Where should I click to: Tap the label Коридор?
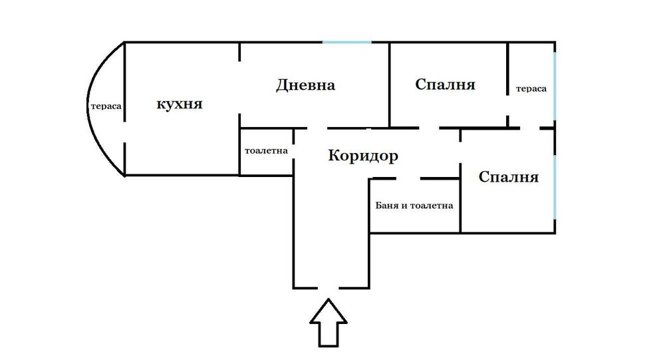point(363,156)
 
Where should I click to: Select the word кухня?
point(179,104)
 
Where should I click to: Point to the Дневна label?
point(305,85)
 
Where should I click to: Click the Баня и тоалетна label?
point(414,206)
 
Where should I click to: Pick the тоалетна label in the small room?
point(266,150)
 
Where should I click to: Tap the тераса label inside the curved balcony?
point(106,105)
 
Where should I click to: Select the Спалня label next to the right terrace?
point(445,85)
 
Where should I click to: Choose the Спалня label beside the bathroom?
point(508,178)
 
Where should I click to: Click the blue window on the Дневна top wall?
point(347,43)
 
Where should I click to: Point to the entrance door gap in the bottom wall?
point(329,287)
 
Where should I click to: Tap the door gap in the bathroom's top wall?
point(408,178)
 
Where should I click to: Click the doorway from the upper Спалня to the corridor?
point(430,127)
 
